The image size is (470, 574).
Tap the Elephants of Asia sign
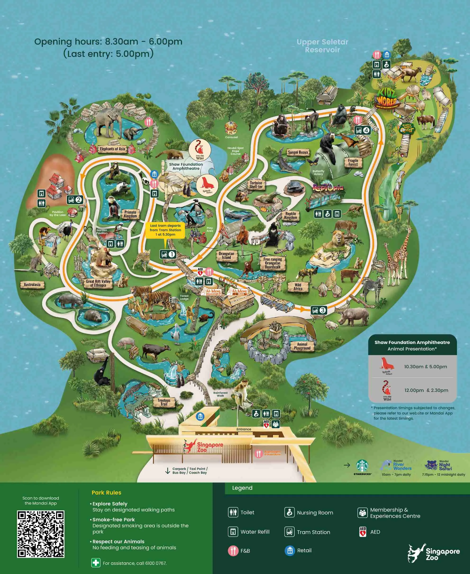[x=112, y=149]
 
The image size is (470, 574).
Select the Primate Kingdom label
[x=130, y=214]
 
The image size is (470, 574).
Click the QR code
[x=41, y=534]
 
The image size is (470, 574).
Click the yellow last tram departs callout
[x=165, y=230]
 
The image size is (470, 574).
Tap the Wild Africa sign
[x=298, y=287]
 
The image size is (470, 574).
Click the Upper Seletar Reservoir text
[x=322, y=46]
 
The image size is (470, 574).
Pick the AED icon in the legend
[x=363, y=532]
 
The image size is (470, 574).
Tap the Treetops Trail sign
[x=164, y=402]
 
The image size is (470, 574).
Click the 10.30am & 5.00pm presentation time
[x=425, y=367]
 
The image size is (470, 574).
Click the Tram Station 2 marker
[x=75, y=200]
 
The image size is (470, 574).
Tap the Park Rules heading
[x=106, y=492]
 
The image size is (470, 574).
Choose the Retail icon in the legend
[x=289, y=550]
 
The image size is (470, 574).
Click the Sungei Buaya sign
[x=298, y=152]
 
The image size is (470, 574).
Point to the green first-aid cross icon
[x=96, y=563]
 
